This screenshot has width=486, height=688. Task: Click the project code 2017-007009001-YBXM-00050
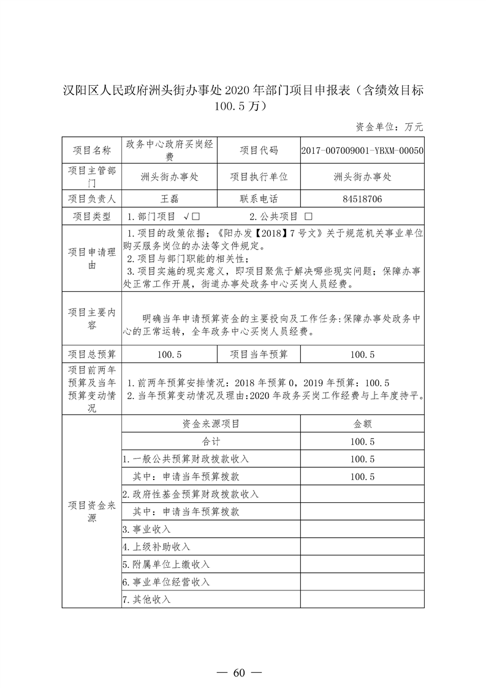362,150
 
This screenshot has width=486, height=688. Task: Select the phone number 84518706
362,199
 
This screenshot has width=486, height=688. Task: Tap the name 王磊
169,199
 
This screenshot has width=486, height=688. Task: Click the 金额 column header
362,423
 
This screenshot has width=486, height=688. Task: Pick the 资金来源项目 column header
211,423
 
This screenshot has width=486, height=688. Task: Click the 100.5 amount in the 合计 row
362,441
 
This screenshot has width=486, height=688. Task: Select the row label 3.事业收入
146,529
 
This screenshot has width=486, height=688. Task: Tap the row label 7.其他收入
146,599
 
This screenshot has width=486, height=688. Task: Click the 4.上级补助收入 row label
156,546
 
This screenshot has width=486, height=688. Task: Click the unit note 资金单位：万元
389,127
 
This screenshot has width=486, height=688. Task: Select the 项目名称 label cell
92,150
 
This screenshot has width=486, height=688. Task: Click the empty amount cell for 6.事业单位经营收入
362,581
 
